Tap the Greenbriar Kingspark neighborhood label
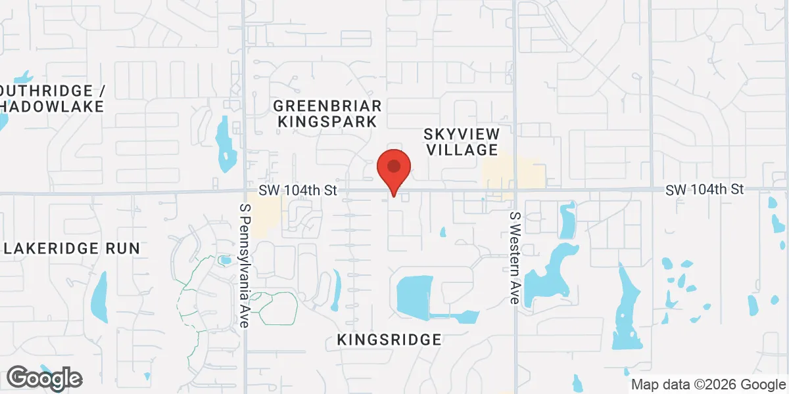click(x=327, y=114)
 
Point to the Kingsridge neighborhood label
click(x=389, y=339)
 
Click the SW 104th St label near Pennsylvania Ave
click(x=297, y=190)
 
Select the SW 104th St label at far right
click(x=704, y=189)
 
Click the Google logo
click(x=44, y=378)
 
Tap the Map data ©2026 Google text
click(x=708, y=384)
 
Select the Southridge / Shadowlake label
click(x=53, y=98)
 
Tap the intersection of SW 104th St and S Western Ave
click(x=515, y=190)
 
